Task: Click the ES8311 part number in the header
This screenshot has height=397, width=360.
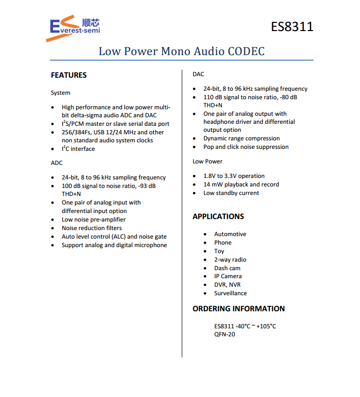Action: point(292,26)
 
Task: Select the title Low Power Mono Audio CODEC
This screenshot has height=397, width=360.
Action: point(181,51)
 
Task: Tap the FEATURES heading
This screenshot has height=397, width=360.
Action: point(69,75)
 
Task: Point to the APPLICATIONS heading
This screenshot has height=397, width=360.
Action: point(218,217)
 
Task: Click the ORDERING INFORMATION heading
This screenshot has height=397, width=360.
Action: point(238,309)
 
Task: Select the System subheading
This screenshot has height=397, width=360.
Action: point(61,93)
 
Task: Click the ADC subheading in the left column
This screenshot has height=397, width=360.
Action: point(57,163)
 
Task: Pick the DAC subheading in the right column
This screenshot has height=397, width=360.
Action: point(198,74)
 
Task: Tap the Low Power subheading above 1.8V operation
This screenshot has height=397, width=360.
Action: point(207,161)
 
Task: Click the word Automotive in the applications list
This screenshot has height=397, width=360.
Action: point(230,234)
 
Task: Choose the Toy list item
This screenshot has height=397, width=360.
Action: point(219,251)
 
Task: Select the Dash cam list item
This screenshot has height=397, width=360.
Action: point(227,268)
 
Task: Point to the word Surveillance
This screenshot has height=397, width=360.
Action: point(230,293)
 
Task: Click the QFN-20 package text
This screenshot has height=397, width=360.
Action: point(224,334)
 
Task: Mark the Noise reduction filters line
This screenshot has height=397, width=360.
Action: point(92,228)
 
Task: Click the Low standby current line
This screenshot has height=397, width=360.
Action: point(231,193)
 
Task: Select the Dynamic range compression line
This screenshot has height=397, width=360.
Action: point(241,138)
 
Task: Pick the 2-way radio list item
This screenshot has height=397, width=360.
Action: point(230,260)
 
